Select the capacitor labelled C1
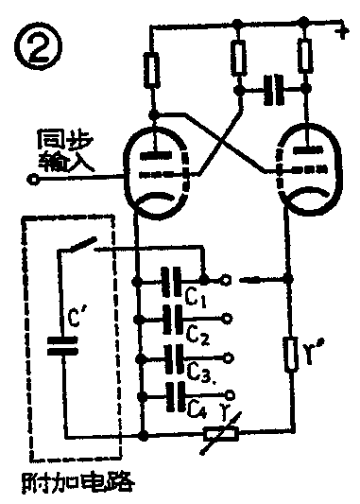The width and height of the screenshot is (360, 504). click(x=172, y=280)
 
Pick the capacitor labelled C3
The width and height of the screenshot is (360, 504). click(x=172, y=357)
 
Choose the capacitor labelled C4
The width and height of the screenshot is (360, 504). click(x=172, y=393)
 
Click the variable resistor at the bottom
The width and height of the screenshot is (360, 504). click(x=222, y=435)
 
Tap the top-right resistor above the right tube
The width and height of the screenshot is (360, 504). click(x=304, y=59)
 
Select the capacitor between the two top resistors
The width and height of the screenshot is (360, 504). click(x=272, y=91)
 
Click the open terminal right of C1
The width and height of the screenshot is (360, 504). click(x=227, y=280)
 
